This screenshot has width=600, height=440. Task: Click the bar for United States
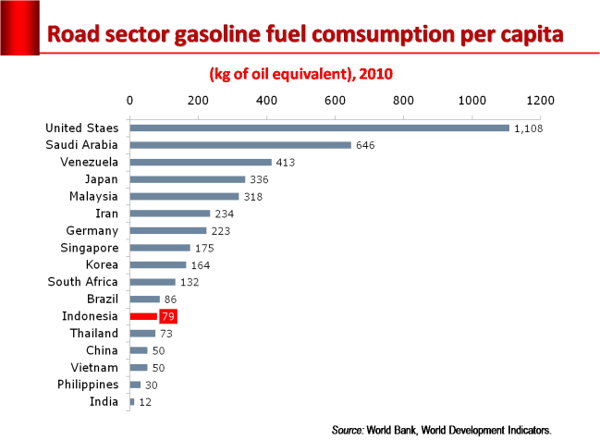[319, 128]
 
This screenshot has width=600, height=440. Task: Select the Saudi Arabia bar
[240, 145]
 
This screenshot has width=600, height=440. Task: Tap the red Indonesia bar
[143, 316]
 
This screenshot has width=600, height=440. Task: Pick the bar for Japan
[188, 179]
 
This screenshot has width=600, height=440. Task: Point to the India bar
[132, 402]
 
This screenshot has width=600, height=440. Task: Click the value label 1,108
[527, 128]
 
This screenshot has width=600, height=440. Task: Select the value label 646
[364, 145]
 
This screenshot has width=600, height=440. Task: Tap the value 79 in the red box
[167, 316]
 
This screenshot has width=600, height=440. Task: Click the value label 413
[285, 163]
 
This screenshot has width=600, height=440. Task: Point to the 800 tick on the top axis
[403, 100]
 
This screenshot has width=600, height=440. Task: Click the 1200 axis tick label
[540, 100]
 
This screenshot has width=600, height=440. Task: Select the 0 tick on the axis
[129, 100]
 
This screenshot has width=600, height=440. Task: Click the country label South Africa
[83, 282]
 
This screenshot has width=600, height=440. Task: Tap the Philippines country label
[87, 384]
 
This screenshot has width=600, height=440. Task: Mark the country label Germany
[92, 230]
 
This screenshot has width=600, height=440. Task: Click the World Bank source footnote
[441, 429]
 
